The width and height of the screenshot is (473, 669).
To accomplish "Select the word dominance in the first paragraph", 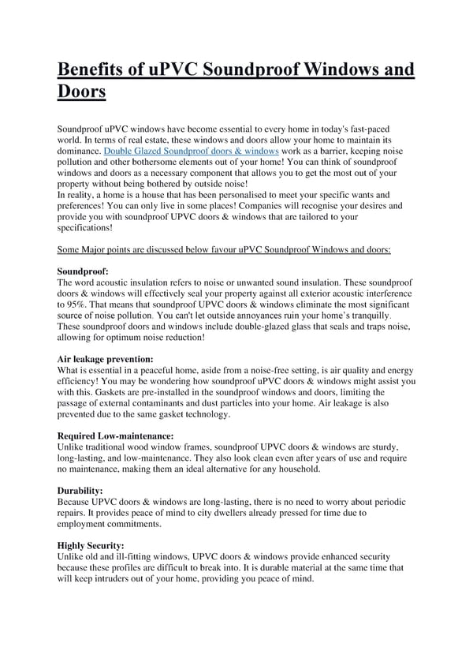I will pos(80,150).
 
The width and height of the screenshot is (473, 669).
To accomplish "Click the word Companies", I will pos(251,205).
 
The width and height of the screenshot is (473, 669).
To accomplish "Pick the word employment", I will pos(86,523).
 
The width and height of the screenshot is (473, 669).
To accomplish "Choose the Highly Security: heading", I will pos(91,545).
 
